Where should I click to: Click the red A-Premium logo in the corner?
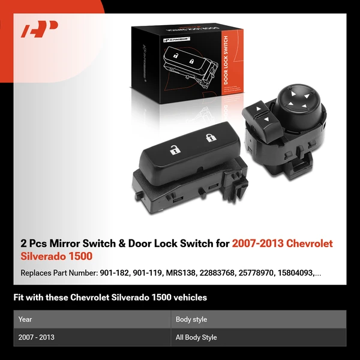[x=40, y=29]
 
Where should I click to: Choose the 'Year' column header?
[x=25, y=319]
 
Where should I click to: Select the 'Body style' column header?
[x=191, y=319]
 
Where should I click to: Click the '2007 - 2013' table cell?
[x=37, y=337]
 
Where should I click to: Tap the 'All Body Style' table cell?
[x=197, y=337]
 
